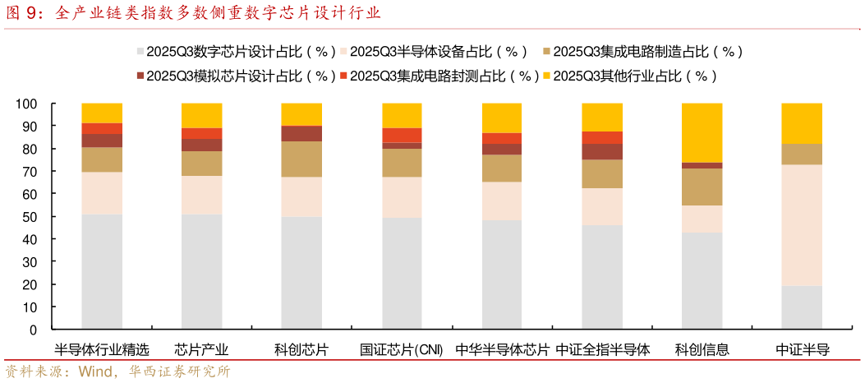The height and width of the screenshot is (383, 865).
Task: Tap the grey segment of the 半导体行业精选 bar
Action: [102, 271]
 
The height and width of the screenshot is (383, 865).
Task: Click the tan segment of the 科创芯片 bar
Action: [301, 159]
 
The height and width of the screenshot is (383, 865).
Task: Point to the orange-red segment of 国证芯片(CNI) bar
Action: [402, 135]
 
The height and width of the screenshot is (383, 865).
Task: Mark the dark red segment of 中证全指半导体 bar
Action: [602, 151]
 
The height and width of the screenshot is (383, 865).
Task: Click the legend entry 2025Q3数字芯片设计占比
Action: [237, 51]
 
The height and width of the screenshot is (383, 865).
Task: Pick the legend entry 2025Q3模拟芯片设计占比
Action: [237, 76]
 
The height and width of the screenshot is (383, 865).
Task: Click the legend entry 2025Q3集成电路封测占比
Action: [439, 76]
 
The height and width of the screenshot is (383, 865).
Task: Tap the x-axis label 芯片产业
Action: [202, 349]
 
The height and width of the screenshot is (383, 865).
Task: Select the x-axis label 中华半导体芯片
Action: [502, 349]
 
